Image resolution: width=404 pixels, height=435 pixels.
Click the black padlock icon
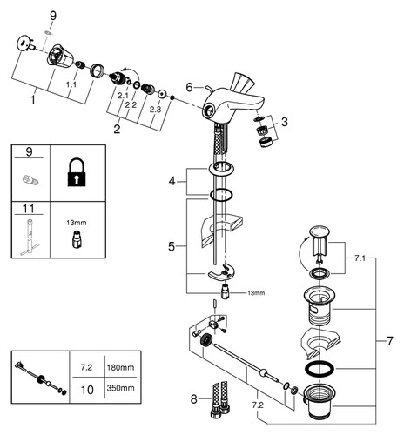pos(77,172)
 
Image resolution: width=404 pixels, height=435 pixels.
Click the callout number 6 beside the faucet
pos(189,87)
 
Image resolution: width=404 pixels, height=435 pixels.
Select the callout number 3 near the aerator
pos(285,122)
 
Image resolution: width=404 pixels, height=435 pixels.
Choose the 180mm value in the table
pos(120,367)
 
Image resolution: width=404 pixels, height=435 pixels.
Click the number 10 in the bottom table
pos(87,390)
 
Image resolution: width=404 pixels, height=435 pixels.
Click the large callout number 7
pos(390,341)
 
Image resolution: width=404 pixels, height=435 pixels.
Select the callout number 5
pos(172,246)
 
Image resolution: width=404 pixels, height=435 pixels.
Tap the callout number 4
pos(172,182)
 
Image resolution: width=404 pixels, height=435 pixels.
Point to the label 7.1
pos(360,258)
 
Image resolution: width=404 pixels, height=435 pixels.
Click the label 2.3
pos(155,110)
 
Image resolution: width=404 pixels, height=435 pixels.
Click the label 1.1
pos(71,84)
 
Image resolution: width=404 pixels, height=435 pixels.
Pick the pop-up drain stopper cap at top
pos(320,231)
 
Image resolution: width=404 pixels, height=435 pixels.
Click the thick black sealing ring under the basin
pos(320,368)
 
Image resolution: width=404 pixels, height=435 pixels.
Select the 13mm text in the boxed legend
pos(77,223)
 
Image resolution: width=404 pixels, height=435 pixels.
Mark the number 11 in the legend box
pos(29,209)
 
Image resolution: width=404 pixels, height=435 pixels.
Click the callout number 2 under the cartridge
pos(117,129)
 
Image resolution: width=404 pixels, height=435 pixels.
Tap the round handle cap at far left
pos(23,43)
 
